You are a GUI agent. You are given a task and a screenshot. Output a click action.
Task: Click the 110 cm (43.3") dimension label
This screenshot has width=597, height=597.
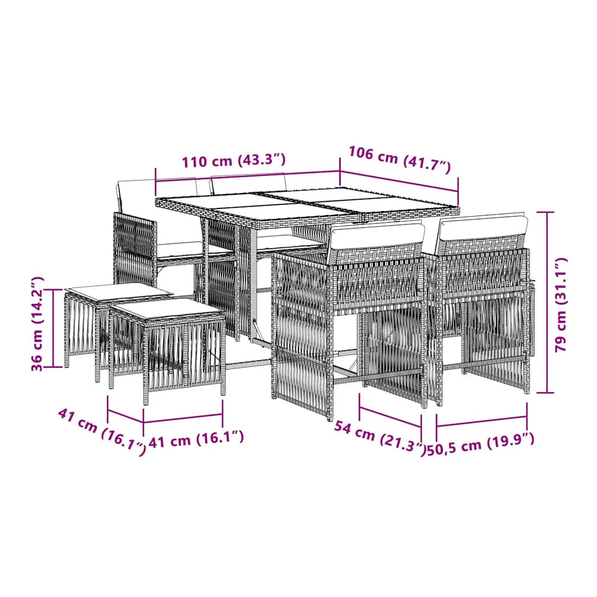tap(233, 161)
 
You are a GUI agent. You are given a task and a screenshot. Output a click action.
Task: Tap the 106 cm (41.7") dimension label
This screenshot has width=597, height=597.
tap(400, 159)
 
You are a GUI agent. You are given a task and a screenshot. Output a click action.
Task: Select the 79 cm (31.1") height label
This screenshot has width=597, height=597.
tap(561, 304)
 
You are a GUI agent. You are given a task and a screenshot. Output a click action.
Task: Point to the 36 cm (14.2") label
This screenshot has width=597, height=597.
tap(38, 324)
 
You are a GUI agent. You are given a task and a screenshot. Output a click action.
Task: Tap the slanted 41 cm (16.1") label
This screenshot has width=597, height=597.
tap(102, 432)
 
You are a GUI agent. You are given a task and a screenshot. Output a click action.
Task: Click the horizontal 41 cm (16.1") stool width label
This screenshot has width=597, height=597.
tap(196, 439)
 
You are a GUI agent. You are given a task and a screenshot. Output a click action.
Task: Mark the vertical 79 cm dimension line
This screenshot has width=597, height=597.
tap(547, 302)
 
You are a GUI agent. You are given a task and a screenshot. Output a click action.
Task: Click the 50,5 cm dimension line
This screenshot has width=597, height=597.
tap(481, 421)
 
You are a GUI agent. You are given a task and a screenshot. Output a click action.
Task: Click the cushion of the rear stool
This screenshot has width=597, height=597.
tap(118, 290)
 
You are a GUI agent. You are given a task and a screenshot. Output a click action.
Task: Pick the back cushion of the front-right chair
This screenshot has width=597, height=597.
tap(483, 228)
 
